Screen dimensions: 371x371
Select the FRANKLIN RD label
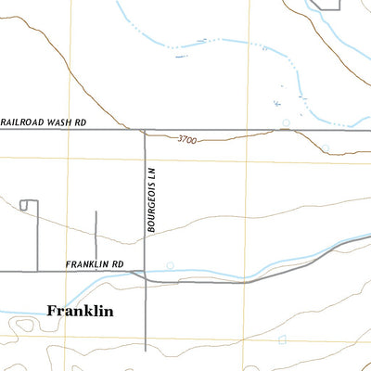95,263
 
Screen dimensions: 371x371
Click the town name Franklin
80,312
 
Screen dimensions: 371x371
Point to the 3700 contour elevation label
188,139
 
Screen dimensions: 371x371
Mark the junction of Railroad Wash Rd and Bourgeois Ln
145,130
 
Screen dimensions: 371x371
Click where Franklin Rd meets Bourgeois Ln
145,272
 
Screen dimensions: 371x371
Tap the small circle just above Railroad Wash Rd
287,122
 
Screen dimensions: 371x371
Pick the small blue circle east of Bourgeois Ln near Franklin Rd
169,266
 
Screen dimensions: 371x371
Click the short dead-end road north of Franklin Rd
96,237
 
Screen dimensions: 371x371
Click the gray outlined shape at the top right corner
326,5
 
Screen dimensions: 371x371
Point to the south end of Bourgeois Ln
145,351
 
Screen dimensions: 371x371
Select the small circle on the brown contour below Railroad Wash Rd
326,147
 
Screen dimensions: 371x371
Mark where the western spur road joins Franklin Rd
36,271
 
